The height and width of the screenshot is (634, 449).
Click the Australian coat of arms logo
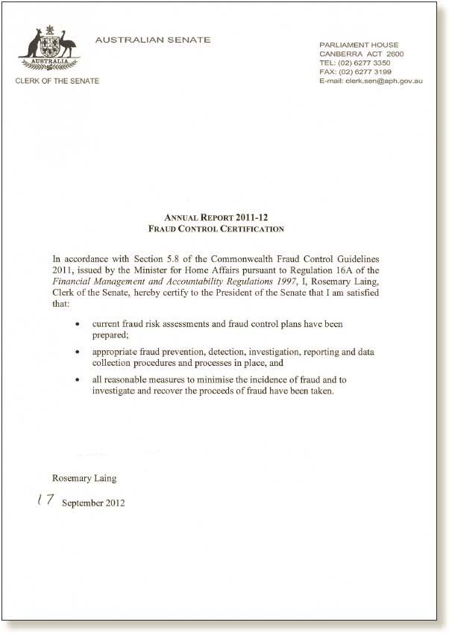tap(48, 49)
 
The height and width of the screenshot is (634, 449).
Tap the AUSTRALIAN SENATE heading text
tap(153, 40)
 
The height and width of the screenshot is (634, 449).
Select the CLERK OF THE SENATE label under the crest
tap(57, 81)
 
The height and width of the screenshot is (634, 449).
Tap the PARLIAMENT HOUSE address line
tap(358, 45)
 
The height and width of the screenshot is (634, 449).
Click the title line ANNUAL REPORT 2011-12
tap(216, 218)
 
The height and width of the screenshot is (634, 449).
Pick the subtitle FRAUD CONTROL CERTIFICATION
tap(216, 229)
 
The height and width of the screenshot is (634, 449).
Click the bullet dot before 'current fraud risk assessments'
tap(78, 326)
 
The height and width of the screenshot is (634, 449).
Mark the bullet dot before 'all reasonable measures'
tap(78, 380)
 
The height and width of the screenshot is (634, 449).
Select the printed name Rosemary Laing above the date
tap(84, 478)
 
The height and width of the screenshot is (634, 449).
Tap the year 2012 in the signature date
tap(115, 503)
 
